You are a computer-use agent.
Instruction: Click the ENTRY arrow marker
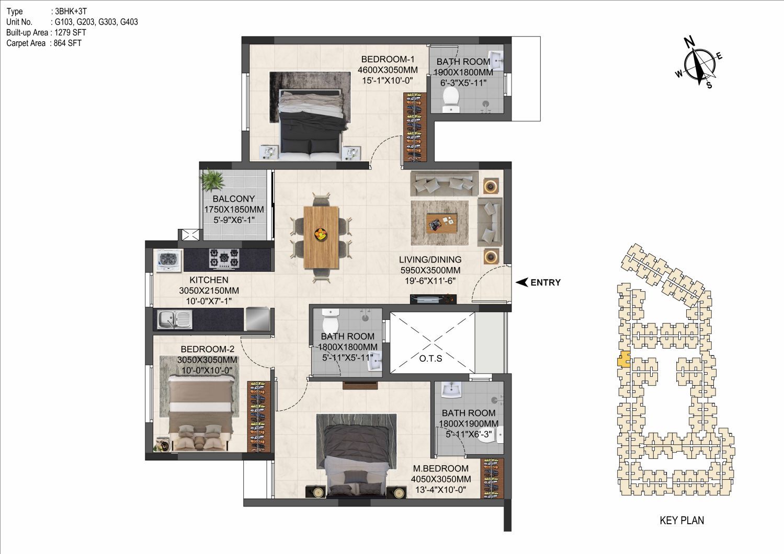pos(522,282)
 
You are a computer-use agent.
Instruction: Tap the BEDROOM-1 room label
pos(388,59)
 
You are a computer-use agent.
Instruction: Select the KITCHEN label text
pos(209,280)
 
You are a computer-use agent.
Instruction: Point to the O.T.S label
pos(430,359)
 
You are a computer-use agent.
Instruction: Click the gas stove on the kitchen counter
pos(224,259)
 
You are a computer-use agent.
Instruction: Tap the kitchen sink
pos(174,320)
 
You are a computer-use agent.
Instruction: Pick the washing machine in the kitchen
pos(169,261)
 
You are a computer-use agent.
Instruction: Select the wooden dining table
pos(321,237)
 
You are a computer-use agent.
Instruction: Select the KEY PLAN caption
pos(682,521)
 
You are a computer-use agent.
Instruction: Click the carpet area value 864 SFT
pos(67,43)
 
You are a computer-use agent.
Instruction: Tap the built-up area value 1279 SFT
pos(71,32)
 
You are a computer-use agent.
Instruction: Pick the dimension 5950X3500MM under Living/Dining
pos(430,270)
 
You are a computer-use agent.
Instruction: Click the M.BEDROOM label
pos(441,468)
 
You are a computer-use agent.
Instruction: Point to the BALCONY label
pos(233,199)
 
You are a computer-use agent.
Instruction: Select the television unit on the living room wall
pos(433,298)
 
